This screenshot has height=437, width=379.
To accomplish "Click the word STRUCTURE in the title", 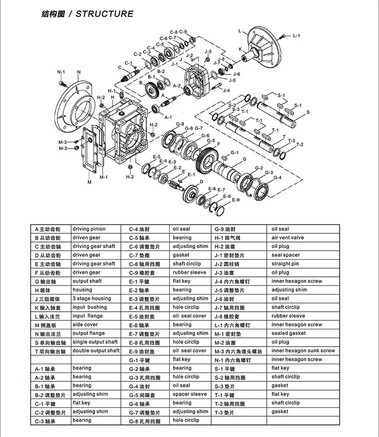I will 105,14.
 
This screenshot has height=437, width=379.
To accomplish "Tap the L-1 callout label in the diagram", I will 296,36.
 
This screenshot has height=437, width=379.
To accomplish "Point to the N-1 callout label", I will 62,72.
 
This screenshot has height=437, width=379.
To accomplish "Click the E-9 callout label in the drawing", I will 235,200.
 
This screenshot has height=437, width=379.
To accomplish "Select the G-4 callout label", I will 277,177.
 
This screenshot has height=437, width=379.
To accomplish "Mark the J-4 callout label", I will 226,90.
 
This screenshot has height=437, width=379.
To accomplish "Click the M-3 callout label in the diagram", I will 63,142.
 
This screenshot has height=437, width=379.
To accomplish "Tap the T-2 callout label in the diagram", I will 300,145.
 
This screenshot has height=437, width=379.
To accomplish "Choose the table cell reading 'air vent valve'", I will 288,238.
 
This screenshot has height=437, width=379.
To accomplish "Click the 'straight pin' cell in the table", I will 285,264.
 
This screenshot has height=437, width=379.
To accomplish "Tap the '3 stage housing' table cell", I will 91,299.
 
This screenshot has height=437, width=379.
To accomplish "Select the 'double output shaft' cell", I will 96,351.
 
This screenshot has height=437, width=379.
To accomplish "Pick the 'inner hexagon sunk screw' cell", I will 303,351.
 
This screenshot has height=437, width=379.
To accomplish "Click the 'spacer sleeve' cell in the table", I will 189,394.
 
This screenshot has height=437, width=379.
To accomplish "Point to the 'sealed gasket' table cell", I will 288,333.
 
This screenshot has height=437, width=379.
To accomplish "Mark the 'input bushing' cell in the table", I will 89,307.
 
